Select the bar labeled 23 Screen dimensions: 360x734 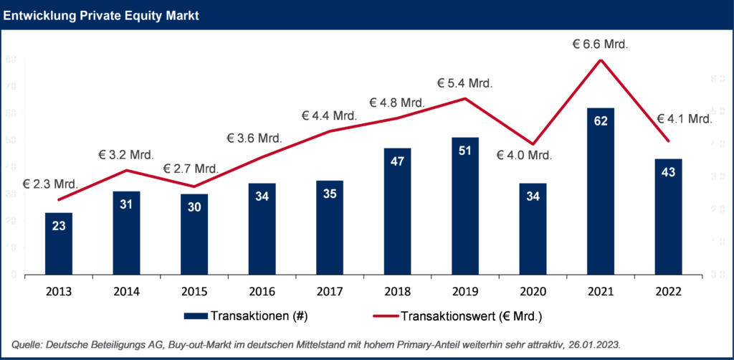point(59,243)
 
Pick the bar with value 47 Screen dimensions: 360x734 point(398,211)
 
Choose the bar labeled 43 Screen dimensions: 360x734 point(669,216)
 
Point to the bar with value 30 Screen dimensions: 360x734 point(194,234)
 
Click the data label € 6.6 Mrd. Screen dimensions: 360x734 point(600,44)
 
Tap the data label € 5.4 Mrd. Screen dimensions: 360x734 point(465,83)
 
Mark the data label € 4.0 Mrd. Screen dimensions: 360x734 point(525,155)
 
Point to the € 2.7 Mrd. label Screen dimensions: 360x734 point(191,169)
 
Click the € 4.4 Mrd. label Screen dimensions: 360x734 point(329,115)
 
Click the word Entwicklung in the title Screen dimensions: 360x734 point(39,15)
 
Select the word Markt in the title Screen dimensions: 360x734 point(182,15)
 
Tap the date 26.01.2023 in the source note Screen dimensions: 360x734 point(594,345)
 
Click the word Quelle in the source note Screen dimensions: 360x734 point(27,345)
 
